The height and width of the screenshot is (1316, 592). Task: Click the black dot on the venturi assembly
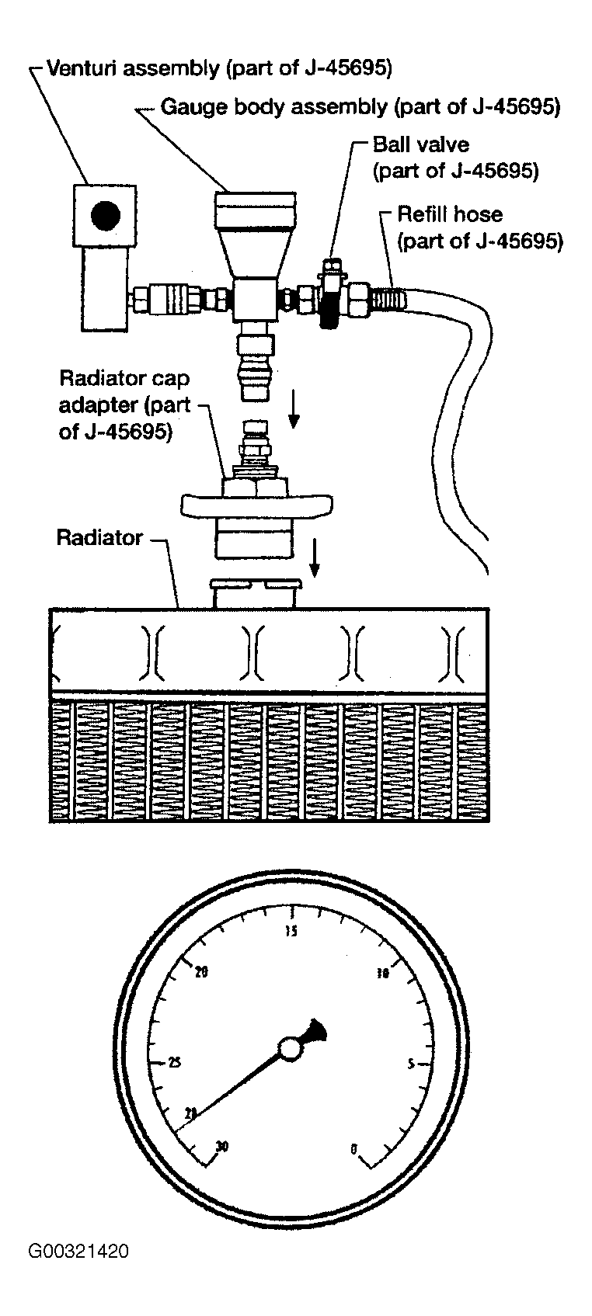click(106, 215)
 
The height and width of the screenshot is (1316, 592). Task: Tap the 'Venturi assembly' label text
click(219, 68)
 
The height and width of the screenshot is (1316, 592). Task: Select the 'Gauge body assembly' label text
click(360, 106)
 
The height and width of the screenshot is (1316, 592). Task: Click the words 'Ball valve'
click(421, 144)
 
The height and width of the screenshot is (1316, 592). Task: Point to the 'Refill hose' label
click(450, 214)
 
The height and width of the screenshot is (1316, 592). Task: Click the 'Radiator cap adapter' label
click(125, 405)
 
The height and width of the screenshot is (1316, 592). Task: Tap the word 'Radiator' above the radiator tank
click(100, 537)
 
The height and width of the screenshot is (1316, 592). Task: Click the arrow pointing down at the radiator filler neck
click(314, 557)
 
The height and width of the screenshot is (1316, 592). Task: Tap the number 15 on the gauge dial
click(291, 932)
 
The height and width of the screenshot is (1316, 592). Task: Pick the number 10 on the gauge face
click(382, 973)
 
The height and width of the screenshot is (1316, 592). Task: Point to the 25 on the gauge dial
click(175, 1063)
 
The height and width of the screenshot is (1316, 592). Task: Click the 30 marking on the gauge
click(223, 1146)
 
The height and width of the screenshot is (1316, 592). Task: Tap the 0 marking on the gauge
click(353, 1148)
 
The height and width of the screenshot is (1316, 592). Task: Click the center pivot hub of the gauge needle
click(291, 1050)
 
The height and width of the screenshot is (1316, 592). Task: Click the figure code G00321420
click(78, 1251)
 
